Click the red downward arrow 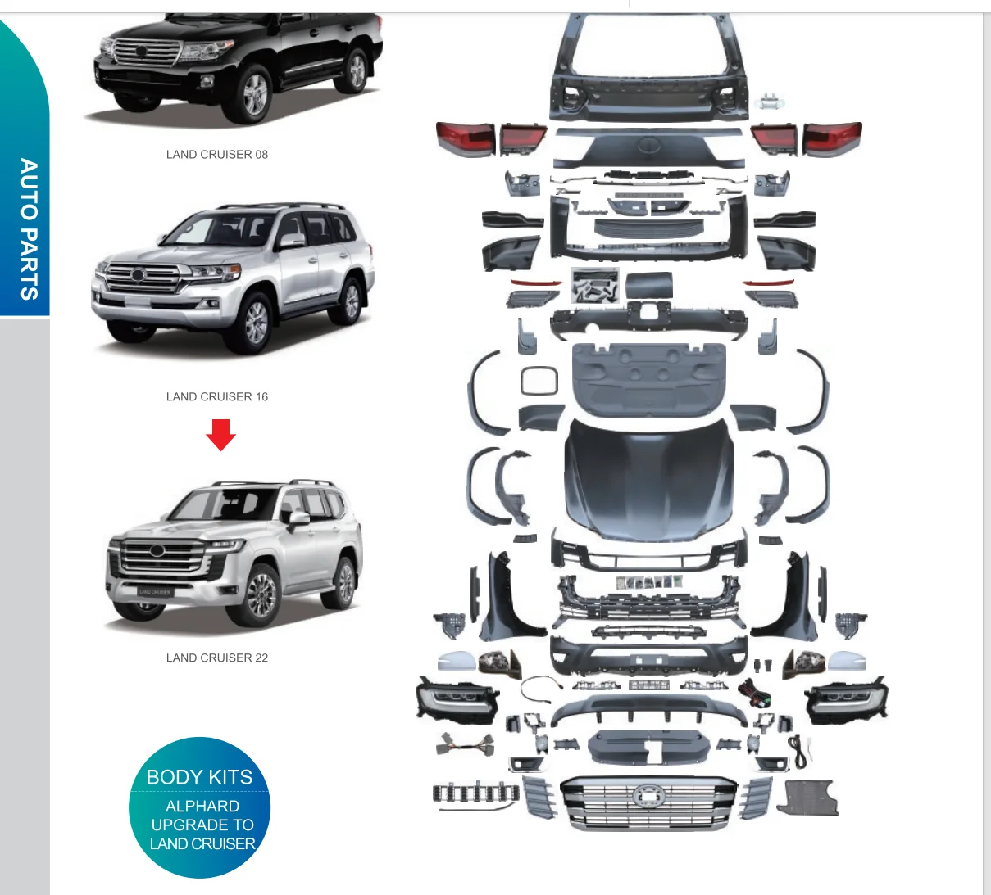coord(220,434)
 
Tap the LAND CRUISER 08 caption coord(217,154)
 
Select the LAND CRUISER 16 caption coord(217,396)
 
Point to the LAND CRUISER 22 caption coord(217,658)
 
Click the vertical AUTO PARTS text coord(29,229)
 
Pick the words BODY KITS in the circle coord(199,777)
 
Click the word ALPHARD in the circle coord(202,806)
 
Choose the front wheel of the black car coord(255,93)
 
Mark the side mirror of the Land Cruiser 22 coord(298,518)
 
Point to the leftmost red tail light coord(465,138)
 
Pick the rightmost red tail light coord(832,138)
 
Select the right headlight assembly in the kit coord(846,699)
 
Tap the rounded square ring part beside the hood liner coord(539,381)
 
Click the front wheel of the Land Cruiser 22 coord(262,594)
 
